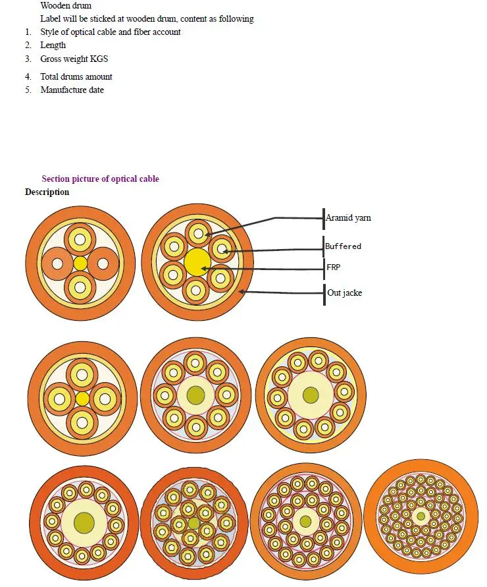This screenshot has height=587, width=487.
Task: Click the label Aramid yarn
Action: [x=348, y=217]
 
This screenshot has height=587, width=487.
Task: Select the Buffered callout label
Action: [x=343, y=246]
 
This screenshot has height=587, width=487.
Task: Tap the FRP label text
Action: [x=333, y=267]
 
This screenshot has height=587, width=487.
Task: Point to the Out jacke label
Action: [x=344, y=293]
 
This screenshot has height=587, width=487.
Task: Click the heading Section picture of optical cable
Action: [x=100, y=179]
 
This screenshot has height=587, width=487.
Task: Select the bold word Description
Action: [x=47, y=192]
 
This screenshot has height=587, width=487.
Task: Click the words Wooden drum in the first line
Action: [x=66, y=5]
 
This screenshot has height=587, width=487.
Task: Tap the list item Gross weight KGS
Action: [x=74, y=59]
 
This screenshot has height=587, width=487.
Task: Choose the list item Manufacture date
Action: [x=72, y=90]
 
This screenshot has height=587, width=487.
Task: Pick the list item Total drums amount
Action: [x=76, y=76]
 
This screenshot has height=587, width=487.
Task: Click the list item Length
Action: [x=53, y=45]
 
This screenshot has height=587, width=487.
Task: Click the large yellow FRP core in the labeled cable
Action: [x=197, y=262]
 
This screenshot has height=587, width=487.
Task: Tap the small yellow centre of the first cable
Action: [x=80, y=264]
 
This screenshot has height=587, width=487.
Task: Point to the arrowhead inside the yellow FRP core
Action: [x=204, y=268]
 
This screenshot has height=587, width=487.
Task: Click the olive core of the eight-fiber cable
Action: [x=195, y=395]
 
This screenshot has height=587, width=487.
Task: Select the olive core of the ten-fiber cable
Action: [x=311, y=395]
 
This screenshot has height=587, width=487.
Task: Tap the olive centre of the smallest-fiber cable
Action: [x=421, y=517]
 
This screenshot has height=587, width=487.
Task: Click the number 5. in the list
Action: [x=28, y=90]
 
